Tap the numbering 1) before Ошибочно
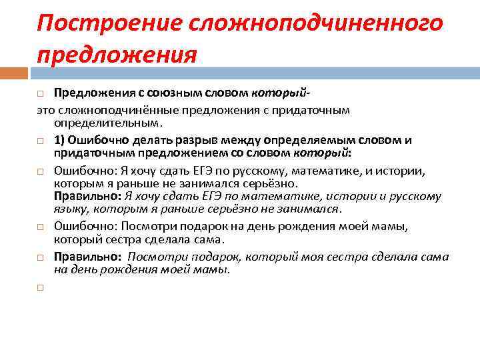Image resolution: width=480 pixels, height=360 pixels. click(60, 140)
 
